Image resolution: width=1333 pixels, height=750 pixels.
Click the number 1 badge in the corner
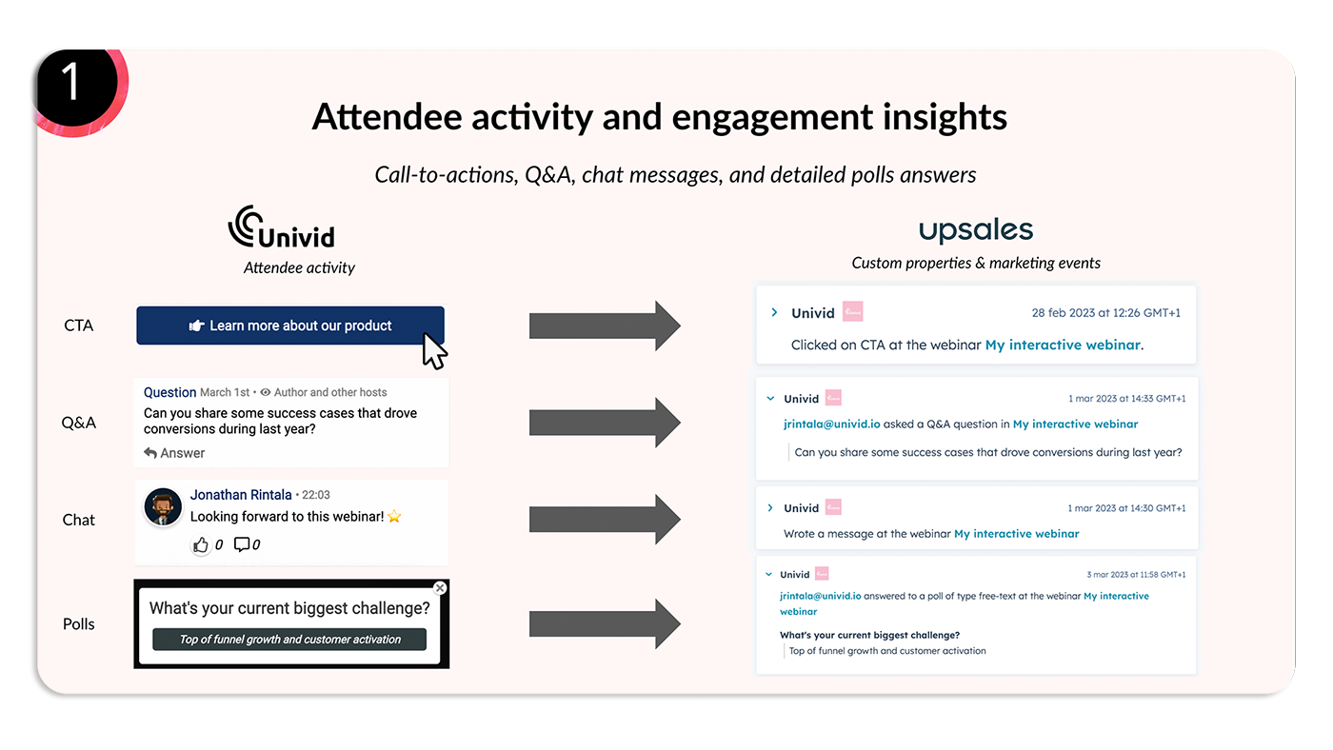pos(70,83)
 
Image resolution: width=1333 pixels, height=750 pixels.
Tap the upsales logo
pos(976,230)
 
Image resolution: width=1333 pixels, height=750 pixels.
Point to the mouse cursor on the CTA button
pos(434,350)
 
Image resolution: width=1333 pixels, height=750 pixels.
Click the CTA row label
pos(79,326)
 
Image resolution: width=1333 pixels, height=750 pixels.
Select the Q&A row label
pos(79,423)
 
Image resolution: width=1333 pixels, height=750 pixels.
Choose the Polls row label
pos(79,624)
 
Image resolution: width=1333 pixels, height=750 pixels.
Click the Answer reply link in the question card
pos(174,453)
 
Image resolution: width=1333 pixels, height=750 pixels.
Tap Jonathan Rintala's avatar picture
pos(163,507)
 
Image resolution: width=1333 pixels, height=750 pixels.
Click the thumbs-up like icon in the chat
pos(201,544)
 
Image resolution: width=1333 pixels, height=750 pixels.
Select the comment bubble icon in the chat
pos(242,544)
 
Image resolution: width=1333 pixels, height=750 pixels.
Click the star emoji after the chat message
pos(394,517)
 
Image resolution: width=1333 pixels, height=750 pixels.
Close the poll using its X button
pos(439,588)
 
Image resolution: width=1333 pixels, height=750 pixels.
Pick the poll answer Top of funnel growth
pos(290,640)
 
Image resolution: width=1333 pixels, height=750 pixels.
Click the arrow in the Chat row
pos(604,519)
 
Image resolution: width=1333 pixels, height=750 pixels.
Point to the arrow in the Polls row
pos(604,624)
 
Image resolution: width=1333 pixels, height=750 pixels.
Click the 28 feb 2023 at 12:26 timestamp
pos(1105,313)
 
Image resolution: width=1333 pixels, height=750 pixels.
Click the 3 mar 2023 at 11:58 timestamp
pos(1136,575)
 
